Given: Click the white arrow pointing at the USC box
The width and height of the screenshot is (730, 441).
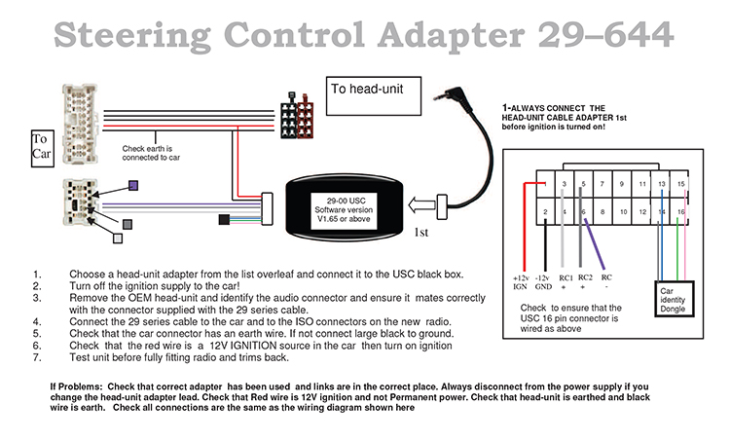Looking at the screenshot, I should click(420, 205).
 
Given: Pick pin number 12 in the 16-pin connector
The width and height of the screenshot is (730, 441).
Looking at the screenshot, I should click(643, 210).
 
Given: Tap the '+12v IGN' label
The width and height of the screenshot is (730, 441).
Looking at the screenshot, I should click(520, 282).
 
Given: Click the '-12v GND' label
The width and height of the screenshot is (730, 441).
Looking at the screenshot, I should click(543, 282).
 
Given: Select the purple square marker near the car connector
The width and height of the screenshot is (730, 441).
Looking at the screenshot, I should click(134, 184).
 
